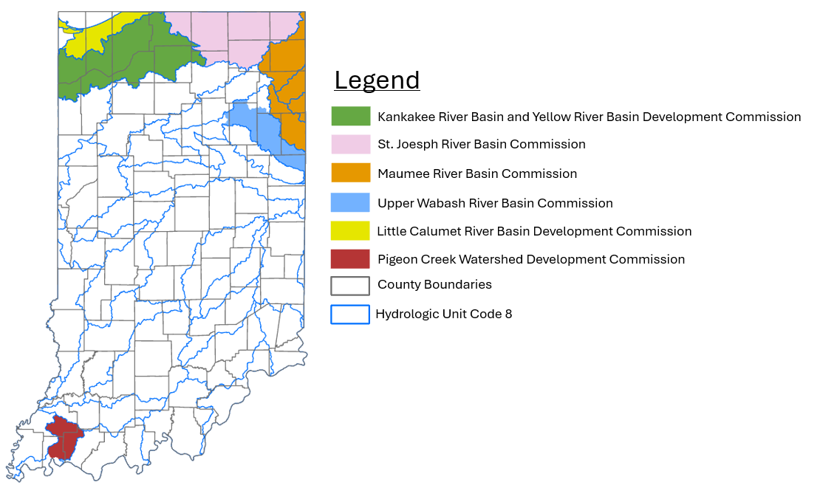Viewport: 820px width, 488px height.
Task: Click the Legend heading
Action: click(x=377, y=80)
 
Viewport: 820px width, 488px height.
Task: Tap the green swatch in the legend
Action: click(x=350, y=117)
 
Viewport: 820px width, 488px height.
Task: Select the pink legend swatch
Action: click(x=350, y=145)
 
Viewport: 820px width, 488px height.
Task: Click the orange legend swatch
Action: click(x=350, y=173)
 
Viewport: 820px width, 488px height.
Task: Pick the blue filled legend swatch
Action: click(x=350, y=202)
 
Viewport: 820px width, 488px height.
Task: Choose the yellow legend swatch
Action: click(x=350, y=231)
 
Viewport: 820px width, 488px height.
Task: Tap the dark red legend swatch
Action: click(x=350, y=259)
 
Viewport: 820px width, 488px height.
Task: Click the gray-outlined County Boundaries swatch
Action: click(x=350, y=286)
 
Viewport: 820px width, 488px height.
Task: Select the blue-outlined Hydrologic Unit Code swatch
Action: click(x=350, y=314)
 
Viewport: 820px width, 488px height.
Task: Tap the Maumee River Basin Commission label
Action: click(x=477, y=174)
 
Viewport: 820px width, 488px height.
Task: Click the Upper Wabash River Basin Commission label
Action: click(x=495, y=203)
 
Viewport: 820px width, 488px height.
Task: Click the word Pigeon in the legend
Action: click(x=397, y=259)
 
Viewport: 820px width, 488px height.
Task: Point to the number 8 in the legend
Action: click(x=508, y=314)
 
